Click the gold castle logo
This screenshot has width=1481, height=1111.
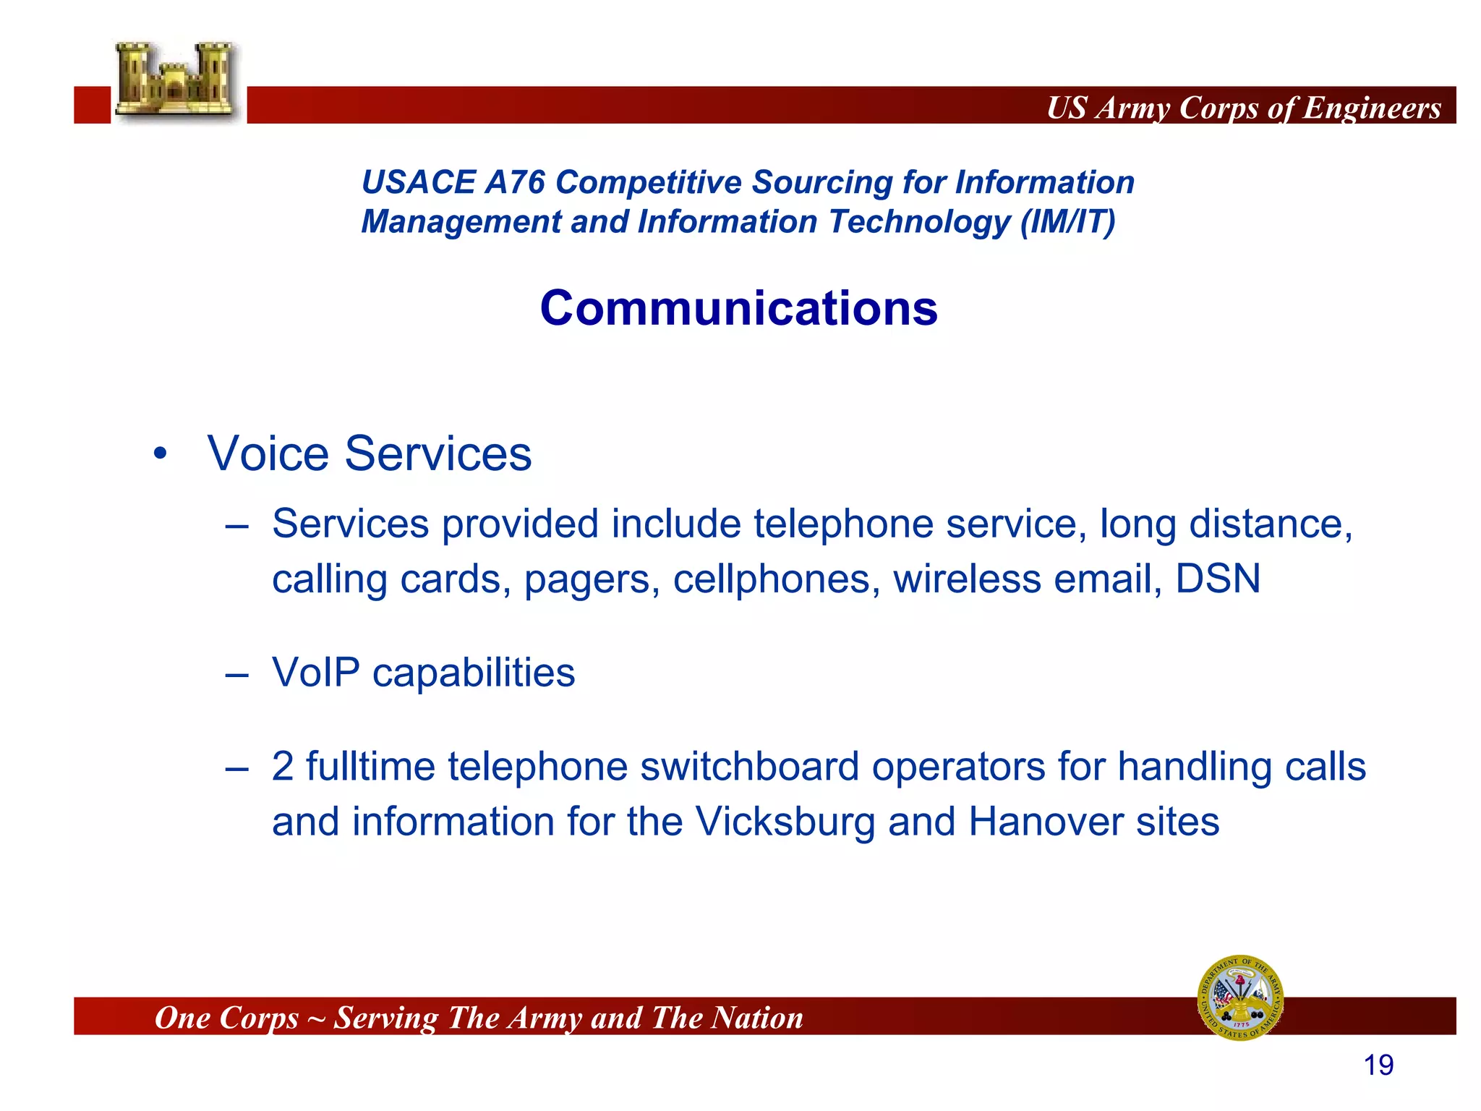point(176,80)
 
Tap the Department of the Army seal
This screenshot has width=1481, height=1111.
point(1240,997)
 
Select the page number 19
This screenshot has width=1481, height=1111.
point(1378,1065)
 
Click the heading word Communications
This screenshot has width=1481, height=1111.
point(738,308)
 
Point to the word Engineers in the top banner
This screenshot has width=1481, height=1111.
point(1372,108)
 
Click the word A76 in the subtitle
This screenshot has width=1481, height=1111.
point(515,182)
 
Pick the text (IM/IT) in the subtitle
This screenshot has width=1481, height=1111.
point(1067,222)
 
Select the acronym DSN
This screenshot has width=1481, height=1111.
point(1218,579)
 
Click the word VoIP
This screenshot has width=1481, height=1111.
point(315,673)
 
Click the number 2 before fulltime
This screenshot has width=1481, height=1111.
point(283,767)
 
